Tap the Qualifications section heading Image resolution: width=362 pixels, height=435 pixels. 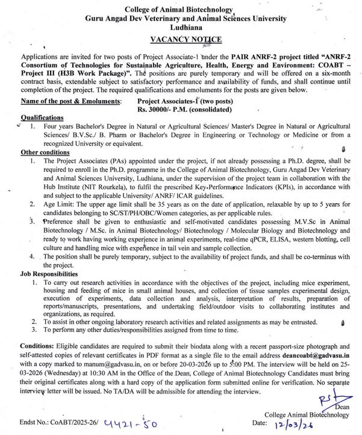[42, 117]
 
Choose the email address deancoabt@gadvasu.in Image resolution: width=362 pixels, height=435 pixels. [316, 356]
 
